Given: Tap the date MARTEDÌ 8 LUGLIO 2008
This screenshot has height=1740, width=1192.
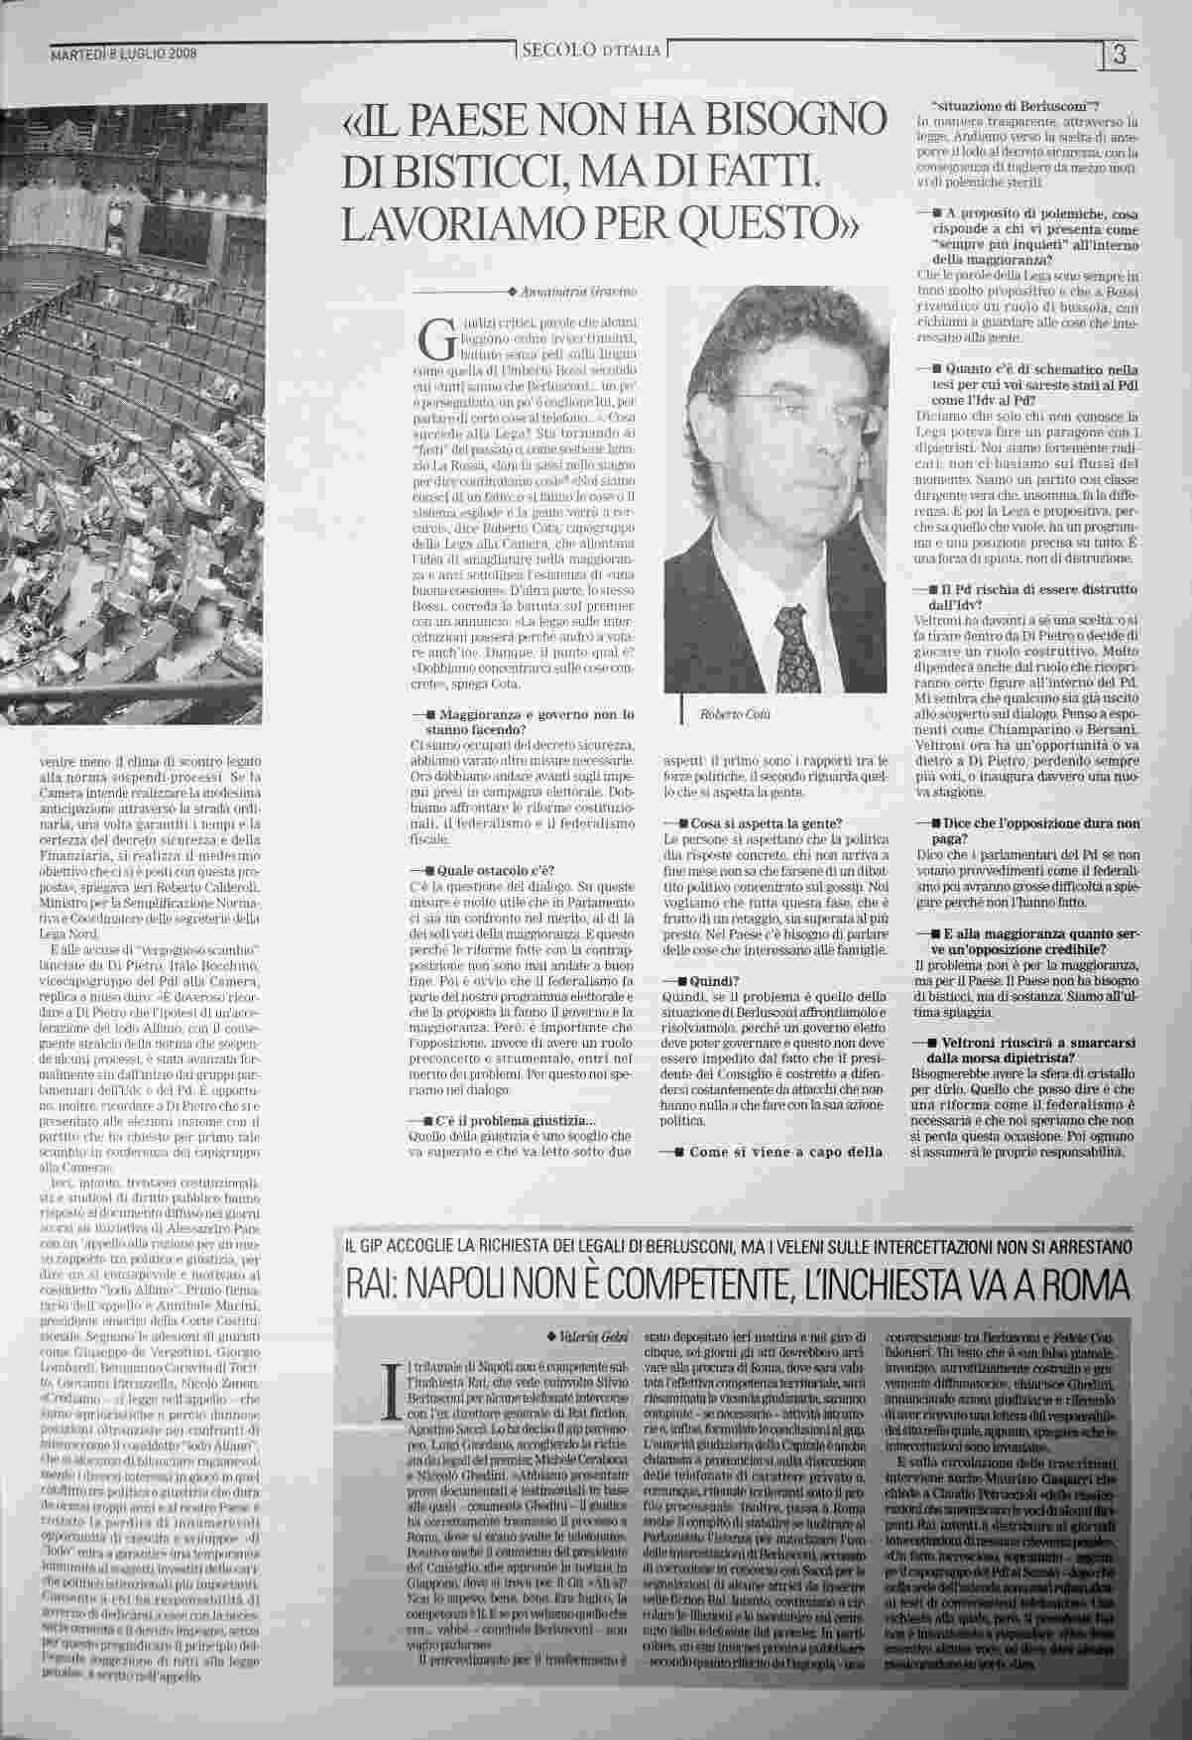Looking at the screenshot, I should (x=123, y=55).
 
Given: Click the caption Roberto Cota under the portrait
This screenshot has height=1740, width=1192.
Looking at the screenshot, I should (x=735, y=714).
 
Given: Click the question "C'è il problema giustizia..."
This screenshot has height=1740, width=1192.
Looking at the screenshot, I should (x=516, y=1120).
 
